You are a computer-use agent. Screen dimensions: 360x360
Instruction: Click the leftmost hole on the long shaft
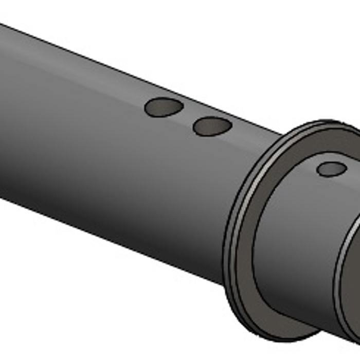coord(164,107)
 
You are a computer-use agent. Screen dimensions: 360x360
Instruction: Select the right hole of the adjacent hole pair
coord(212,126)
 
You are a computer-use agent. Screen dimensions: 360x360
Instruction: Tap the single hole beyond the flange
coord(331,169)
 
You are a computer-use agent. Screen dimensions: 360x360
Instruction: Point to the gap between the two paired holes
coord(188,117)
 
